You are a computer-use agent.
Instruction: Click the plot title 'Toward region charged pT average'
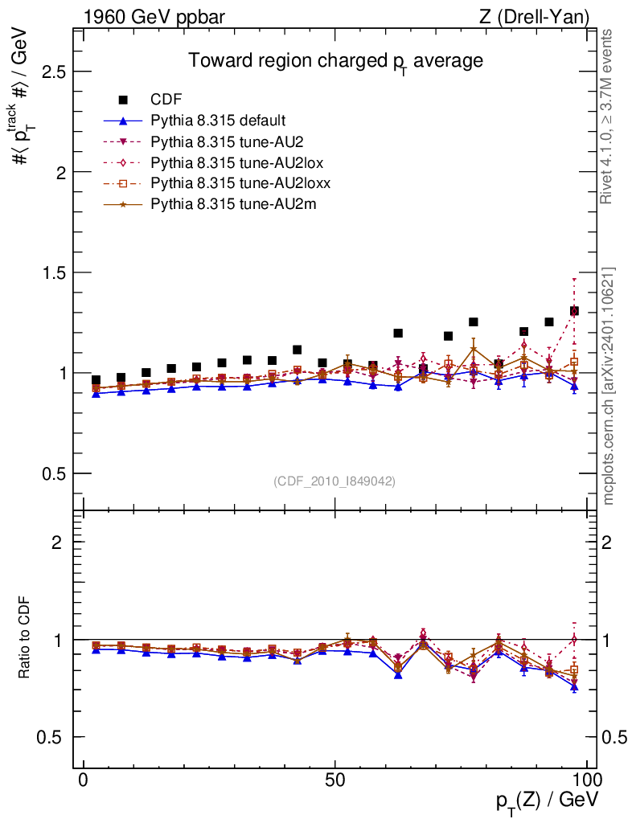coord(334,61)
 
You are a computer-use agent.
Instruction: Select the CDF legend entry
coord(166,100)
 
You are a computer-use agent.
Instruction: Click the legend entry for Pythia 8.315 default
coord(218,121)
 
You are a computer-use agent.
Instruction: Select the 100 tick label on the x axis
coord(586,781)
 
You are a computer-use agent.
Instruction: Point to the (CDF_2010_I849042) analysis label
coord(334,481)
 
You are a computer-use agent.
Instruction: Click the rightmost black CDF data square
coord(574,311)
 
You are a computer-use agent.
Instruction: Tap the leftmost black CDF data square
coord(96,380)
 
